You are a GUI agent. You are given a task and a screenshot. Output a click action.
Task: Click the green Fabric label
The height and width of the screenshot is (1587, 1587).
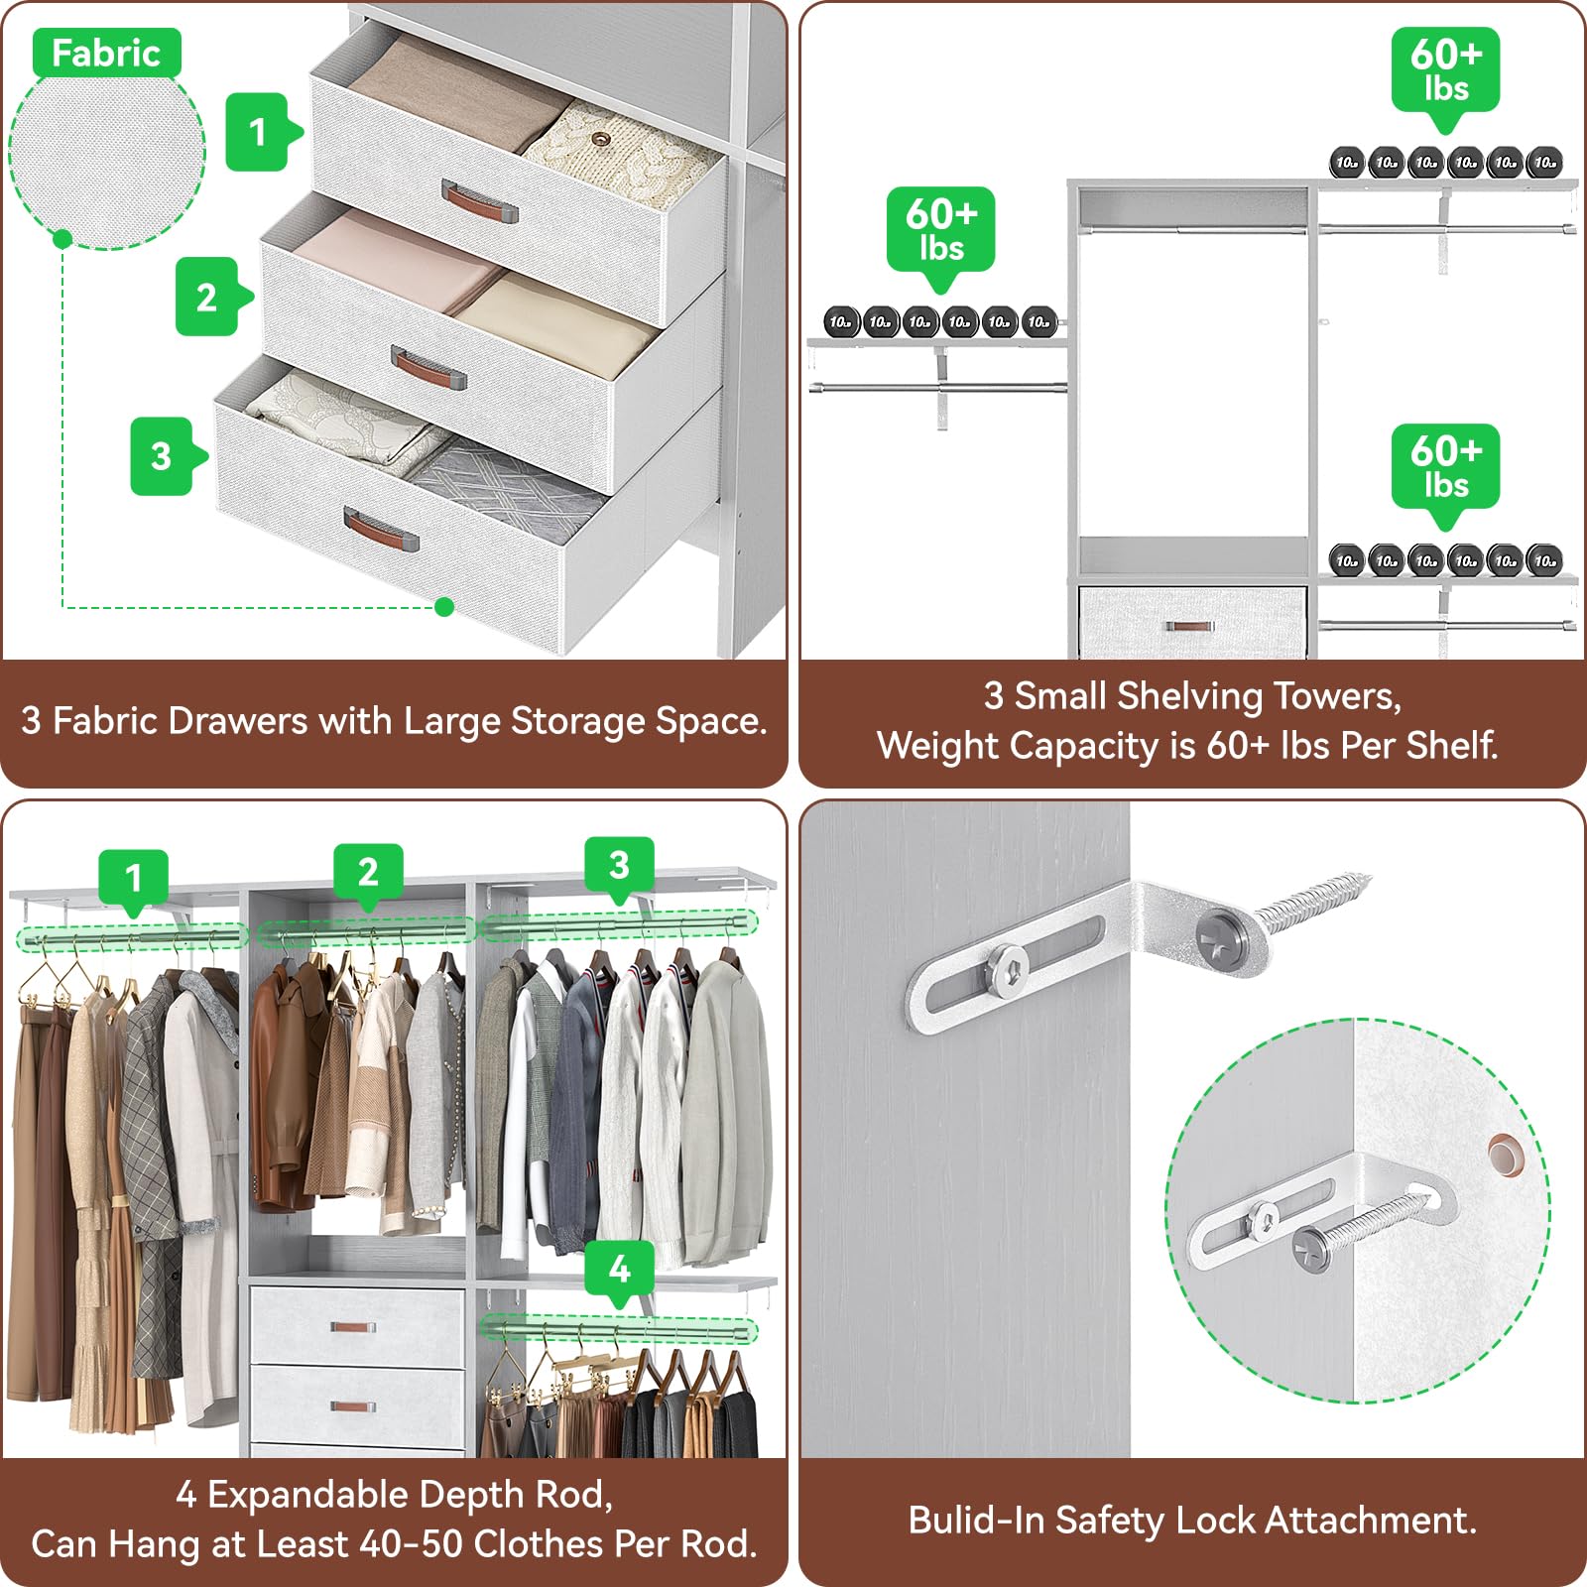(x=106, y=54)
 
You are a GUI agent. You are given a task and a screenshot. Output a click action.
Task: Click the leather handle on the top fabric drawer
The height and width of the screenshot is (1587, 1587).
(x=479, y=200)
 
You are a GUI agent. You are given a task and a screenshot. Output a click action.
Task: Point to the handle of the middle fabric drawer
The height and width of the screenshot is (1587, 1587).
(x=428, y=368)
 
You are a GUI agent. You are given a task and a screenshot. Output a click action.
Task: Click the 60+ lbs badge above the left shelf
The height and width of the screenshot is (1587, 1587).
(x=940, y=231)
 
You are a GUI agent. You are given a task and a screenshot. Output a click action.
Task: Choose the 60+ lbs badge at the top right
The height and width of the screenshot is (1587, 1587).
(x=1445, y=71)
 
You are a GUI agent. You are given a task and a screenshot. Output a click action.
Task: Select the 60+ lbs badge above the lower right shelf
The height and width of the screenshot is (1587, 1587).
(x=1445, y=468)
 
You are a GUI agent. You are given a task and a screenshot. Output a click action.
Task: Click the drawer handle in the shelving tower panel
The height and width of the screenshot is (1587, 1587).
(x=1190, y=627)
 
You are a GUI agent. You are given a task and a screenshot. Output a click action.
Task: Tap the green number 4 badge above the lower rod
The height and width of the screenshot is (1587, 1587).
(x=619, y=1269)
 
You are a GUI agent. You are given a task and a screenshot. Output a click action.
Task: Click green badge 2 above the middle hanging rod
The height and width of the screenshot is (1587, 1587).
(x=368, y=873)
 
